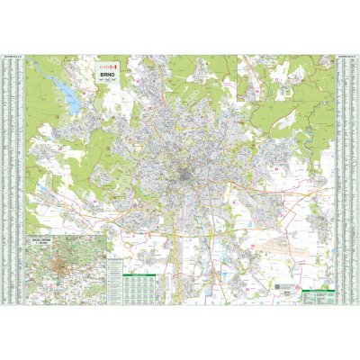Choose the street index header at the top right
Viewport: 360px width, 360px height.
tap(346, 58)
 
